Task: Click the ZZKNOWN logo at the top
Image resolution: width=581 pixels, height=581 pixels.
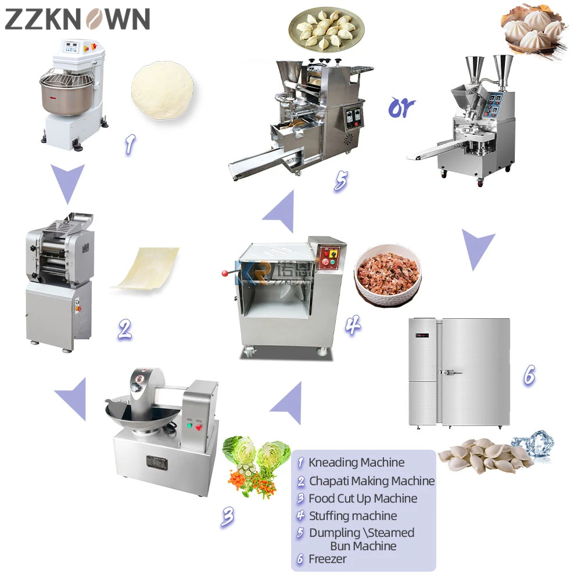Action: (x=77, y=19)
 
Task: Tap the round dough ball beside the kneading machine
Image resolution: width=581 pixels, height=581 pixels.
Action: (x=162, y=89)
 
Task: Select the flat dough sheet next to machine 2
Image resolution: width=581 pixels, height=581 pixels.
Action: (x=145, y=268)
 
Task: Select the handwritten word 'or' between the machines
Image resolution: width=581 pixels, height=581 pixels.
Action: (x=402, y=106)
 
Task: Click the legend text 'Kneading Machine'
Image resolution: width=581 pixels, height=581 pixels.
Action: (x=356, y=463)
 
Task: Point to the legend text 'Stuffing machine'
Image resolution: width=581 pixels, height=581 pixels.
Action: (x=353, y=516)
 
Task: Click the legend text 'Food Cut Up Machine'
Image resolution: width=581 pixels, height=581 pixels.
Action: (x=363, y=498)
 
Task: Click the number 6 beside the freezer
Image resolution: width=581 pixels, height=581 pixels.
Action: (x=529, y=375)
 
